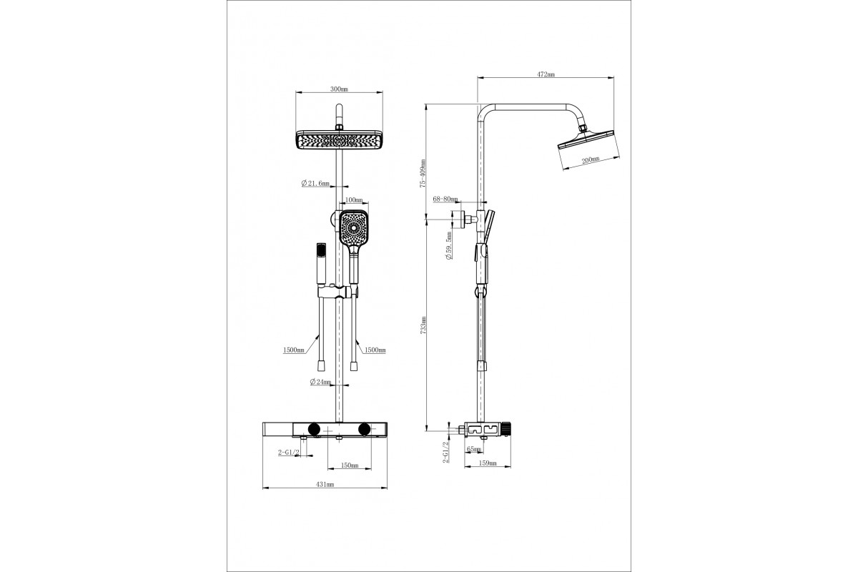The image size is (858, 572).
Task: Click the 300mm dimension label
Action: [x=339, y=89]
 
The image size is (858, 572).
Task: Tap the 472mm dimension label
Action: [x=546, y=74]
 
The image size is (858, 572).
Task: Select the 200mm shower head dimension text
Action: [x=591, y=159]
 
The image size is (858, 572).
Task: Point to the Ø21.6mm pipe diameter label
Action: [x=315, y=183]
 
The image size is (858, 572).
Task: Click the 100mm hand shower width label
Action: [x=353, y=200]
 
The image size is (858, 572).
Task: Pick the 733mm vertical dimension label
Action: [x=423, y=325]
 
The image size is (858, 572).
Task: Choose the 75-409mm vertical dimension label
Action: [x=423, y=173]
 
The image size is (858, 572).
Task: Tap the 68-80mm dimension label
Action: [x=445, y=199]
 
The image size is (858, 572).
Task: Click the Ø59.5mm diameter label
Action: [x=449, y=245]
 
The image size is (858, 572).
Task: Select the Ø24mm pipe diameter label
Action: [x=320, y=382]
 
